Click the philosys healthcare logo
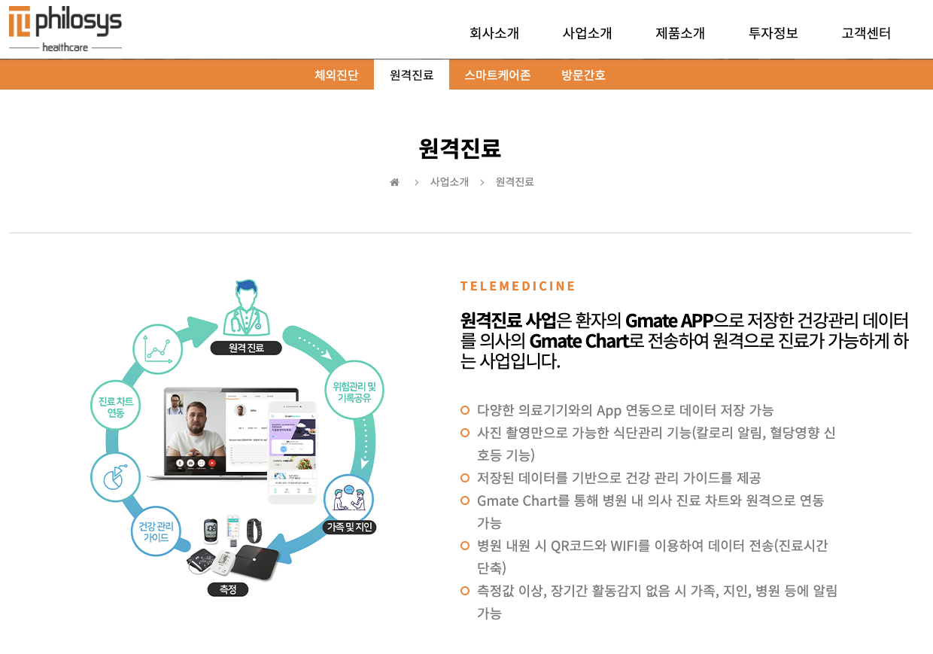(x=65, y=29)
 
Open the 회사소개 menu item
(x=494, y=33)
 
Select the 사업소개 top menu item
(x=587, y=33)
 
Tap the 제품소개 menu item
(x=680, y=33)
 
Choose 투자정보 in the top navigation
(x=773, y=33)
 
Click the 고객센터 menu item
(x=866, y=33)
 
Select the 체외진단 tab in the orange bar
(x=336, y=75)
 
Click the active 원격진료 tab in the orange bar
(x=412, y=75)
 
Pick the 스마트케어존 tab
(x=497, y=75)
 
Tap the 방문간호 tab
(x=583, y=75)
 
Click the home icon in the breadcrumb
(x=394, y=182)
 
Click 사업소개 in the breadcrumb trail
(x=449, y=182)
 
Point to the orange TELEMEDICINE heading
(x=518, y=286)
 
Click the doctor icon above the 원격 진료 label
(x=245, y=309)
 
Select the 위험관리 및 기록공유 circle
(x=354, y=391)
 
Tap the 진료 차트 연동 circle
(x=116, y=406)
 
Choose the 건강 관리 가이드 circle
(x=156, y=531)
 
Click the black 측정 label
(x=228, y=589)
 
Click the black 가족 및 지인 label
(x=349, y=527)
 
